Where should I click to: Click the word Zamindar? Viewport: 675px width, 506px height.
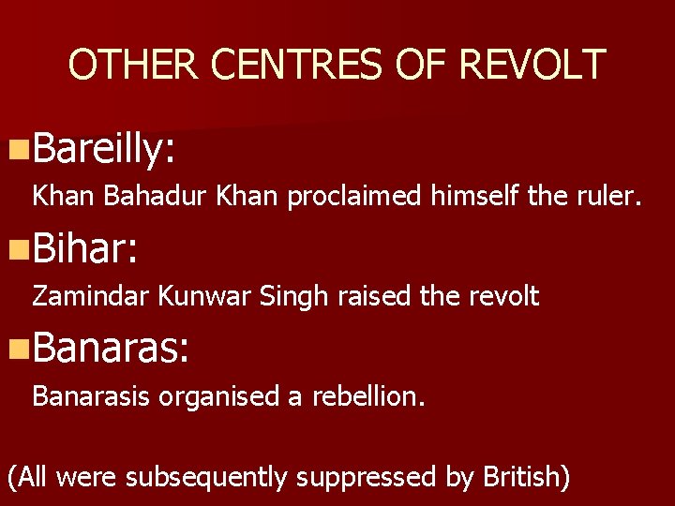(91, 297)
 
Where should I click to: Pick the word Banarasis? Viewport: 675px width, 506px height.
(91, 396)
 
